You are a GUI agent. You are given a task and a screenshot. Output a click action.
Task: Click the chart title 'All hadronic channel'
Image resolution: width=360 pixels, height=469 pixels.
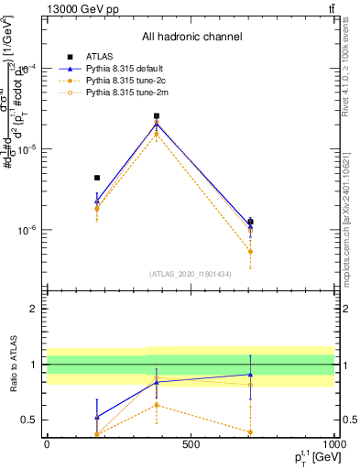click(x=191, y=37)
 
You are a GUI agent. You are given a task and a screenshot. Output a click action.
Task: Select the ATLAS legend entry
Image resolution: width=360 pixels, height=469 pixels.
click(x=98, y=56)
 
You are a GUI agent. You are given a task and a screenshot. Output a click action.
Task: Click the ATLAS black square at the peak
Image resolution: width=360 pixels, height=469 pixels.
click(x=157, y=116)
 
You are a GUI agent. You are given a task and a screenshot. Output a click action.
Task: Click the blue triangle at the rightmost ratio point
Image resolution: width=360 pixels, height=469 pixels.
click(x=250, y=374)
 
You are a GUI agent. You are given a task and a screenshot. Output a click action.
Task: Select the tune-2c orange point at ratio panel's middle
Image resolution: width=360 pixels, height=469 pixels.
click(x=157, y=404)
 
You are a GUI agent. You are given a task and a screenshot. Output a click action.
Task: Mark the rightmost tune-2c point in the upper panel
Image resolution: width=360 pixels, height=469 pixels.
click(x=250, y=251)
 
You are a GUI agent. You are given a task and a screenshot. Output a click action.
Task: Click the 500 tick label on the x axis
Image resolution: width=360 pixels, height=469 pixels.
click(x=191, y=443)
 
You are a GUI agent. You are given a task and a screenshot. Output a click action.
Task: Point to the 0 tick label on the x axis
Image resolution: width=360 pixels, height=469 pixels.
click(x=47, y=443)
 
